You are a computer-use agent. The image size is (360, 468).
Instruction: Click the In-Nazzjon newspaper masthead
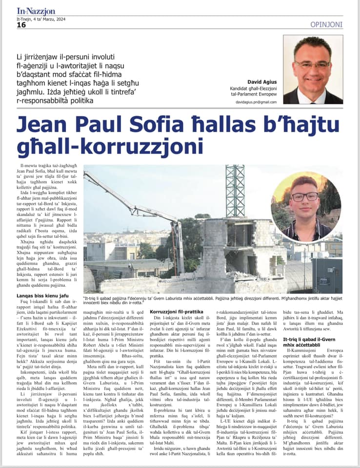(37, 10)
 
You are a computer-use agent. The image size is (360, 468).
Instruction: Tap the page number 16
(21, 25)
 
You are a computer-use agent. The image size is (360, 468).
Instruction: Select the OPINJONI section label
(326, 24)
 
